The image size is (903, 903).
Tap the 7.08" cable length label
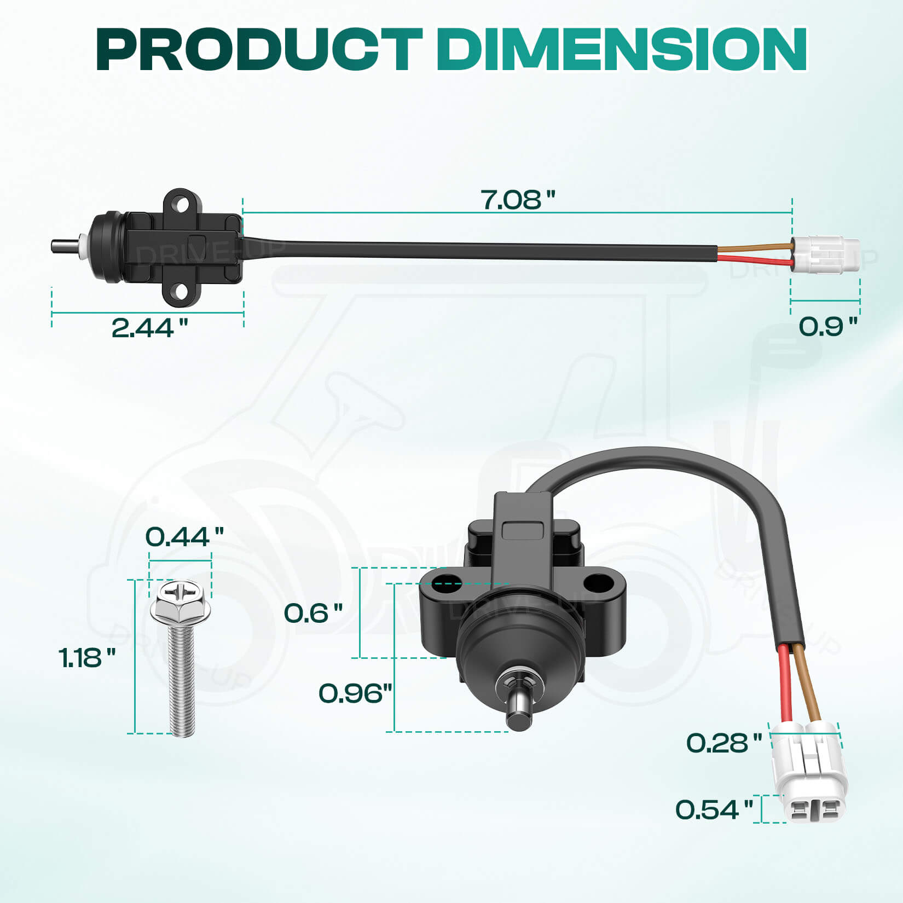pyautogui.click(x=517, y=200)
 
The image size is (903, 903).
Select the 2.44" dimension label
pyautogui.click(x=149, y=328)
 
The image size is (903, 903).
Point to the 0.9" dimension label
pyautogui.click(x=827, y=327)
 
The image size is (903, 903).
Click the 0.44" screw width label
pyautogui.click(x=184, y=537)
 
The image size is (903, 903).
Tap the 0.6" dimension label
pyautogui.click(x=313, y=613)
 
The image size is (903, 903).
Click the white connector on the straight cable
pyautogui.click(x=825, y=254)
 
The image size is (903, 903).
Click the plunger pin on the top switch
pyautogui.click(x=65, y=245)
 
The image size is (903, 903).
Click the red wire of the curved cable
pyautogui.click(x=785, y=684)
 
